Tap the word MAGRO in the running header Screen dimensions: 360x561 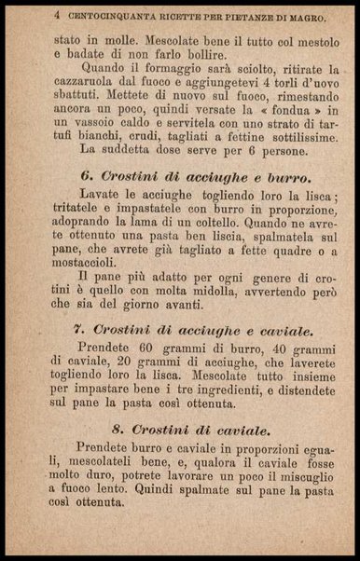coord(303,17)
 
